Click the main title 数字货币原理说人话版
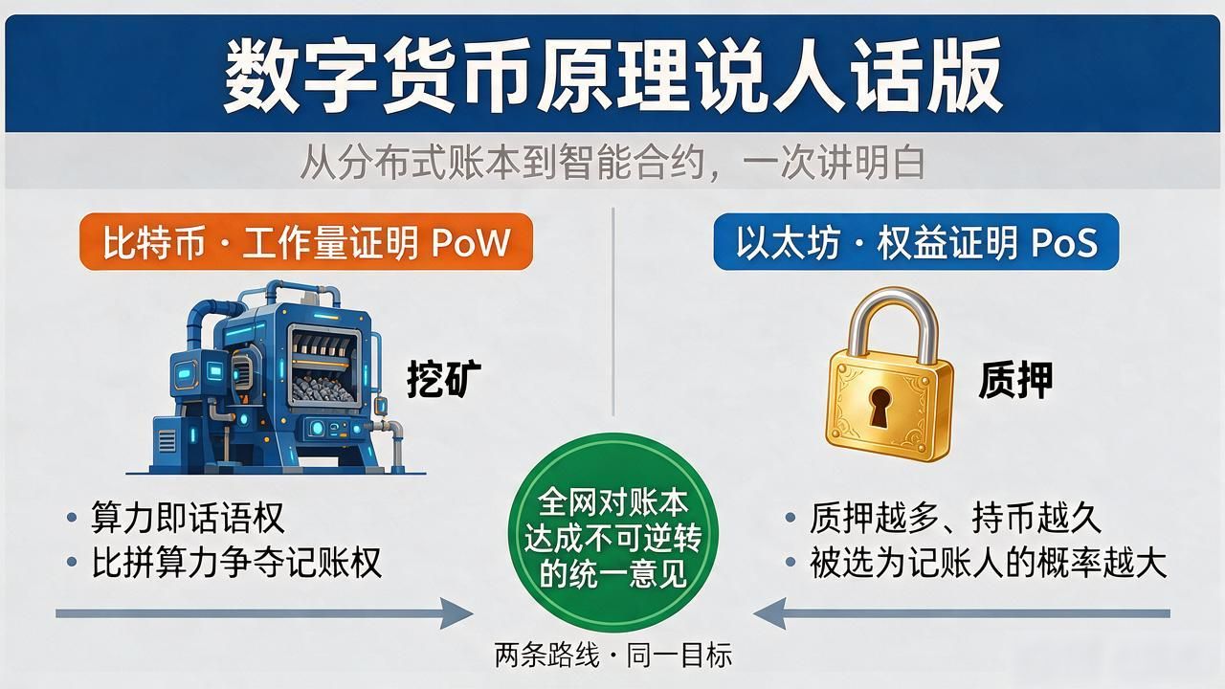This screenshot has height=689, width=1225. tap(612, 75)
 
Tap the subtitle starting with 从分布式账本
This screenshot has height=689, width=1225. tap(612, 162)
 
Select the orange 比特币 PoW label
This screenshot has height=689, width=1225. tap(306, 242)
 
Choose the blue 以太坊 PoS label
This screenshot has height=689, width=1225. tap(916, 242)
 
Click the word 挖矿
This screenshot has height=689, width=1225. tap(444, 378)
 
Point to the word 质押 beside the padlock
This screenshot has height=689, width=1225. tap(1015, 380)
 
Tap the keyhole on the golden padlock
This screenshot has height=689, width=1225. tap(880, 406)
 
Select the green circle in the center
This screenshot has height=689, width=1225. tap(613, 533)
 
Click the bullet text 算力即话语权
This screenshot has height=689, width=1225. tap(188, 517)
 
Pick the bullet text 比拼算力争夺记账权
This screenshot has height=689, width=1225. tap(236, 562)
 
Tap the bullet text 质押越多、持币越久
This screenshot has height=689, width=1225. tap(955, 518)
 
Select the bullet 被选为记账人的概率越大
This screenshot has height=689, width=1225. tap(989, 562)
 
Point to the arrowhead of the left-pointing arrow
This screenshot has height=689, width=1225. tap(768, 613)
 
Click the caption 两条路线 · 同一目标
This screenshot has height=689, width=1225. tap(612, 655)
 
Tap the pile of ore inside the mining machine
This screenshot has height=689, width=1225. tap(323, 389)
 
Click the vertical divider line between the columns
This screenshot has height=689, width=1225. tap(613, 312)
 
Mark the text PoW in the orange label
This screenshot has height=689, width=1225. tap(471, 242)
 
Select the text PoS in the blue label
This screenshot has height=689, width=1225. tap(1064, 242)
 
